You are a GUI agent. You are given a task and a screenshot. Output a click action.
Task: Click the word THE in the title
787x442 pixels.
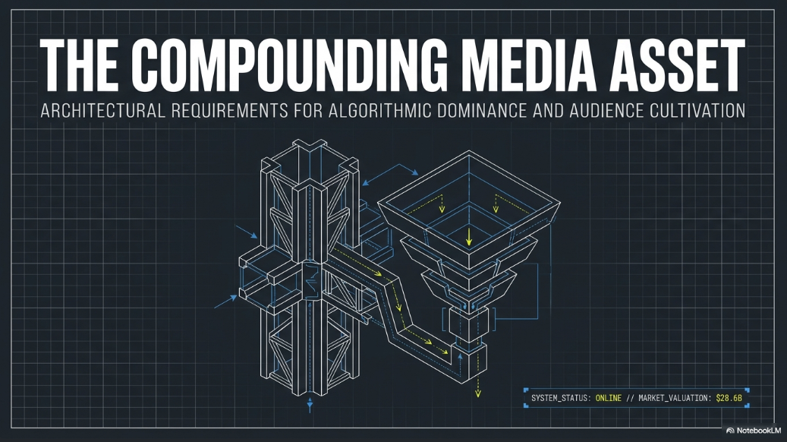coord(78,65)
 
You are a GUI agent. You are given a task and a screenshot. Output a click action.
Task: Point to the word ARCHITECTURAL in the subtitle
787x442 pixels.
coord(102,111)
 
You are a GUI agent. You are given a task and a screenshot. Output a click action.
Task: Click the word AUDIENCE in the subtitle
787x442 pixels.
coord(606,111)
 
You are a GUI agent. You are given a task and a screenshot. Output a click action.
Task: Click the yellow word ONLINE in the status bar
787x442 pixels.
coord(609,398)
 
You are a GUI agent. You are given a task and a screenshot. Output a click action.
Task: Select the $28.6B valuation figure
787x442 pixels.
coord(729,398)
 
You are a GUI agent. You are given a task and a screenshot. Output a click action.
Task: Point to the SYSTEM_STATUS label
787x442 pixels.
coord(559,398)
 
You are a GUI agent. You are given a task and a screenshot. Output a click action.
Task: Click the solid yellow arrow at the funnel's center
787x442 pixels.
coord(469,236)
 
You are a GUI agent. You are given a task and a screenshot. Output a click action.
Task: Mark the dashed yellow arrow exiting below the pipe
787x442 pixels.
coord(478,385)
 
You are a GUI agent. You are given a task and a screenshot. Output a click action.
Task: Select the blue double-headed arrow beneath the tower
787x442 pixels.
coord(310,405)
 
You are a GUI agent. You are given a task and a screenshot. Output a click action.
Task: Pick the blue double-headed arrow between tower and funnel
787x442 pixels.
coord(390,174)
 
